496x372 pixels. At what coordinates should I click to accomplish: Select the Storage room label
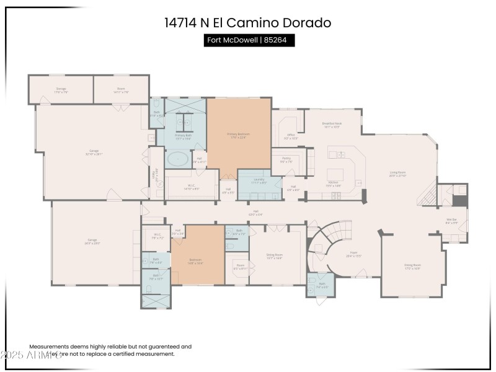[61, 90]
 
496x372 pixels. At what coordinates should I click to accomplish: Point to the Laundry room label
[254, 181]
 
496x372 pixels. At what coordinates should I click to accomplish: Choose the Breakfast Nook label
[332, 125]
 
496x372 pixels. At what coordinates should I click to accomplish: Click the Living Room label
[397, 174]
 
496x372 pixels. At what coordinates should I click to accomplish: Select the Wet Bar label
[451, 220]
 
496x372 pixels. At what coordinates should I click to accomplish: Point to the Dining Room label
[412, 266]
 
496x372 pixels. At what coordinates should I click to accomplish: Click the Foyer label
[353, 254]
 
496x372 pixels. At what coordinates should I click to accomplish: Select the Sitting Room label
[274, 255]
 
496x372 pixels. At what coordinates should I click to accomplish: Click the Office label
[290, 136]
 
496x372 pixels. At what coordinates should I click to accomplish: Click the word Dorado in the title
[308, 23]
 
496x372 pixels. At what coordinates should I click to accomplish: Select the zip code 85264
[278, 40]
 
